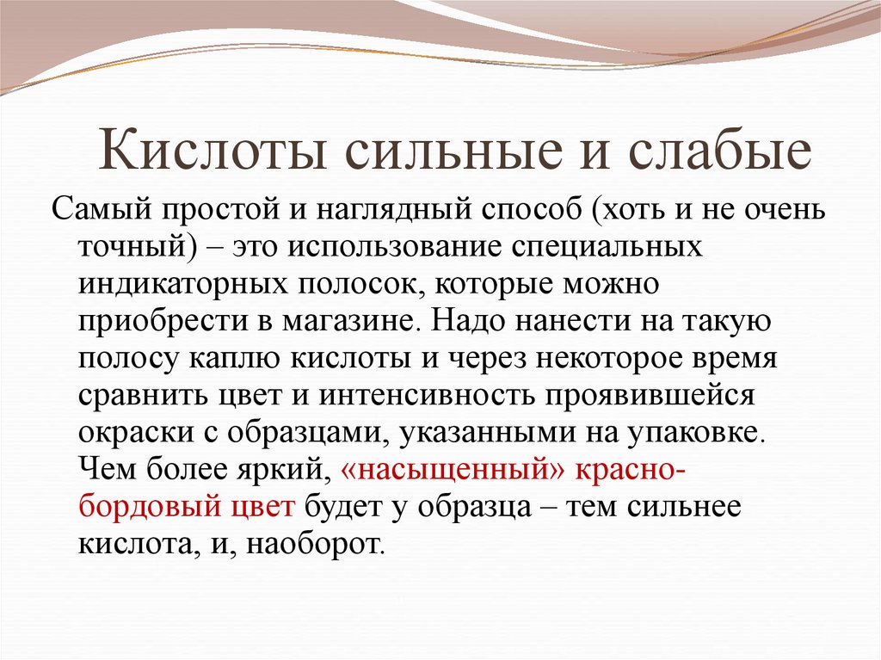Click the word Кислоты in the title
(x=213, y=150)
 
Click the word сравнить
(x=142, y=396)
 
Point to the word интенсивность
(x=427, y=395)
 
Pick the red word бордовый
(x=150, y=506)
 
